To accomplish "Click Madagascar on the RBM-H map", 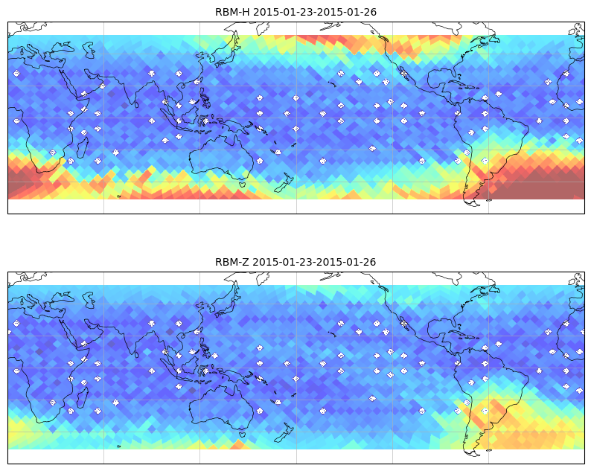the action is coord(83,147).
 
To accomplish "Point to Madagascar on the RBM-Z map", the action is coord(83,397).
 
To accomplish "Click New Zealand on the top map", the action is coord(284,183).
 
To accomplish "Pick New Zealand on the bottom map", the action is coord(284,432).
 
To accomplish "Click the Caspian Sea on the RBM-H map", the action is coord(89,50).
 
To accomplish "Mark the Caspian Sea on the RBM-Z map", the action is coord(89,300).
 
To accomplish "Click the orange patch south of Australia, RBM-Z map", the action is coord(239,445).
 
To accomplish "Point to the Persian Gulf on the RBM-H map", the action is coord(96,81).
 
